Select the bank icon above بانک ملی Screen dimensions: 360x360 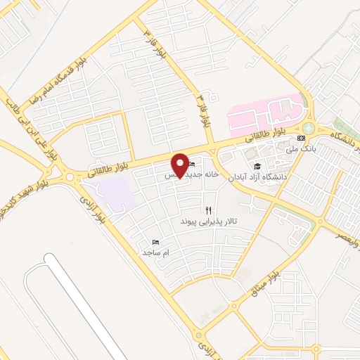[301, 138]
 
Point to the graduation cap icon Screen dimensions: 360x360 [258, 166]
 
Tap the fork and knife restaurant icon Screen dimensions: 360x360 [208, 210]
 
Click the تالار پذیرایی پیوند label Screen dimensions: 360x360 [209, 221]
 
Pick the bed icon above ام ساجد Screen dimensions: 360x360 [156, 241]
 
